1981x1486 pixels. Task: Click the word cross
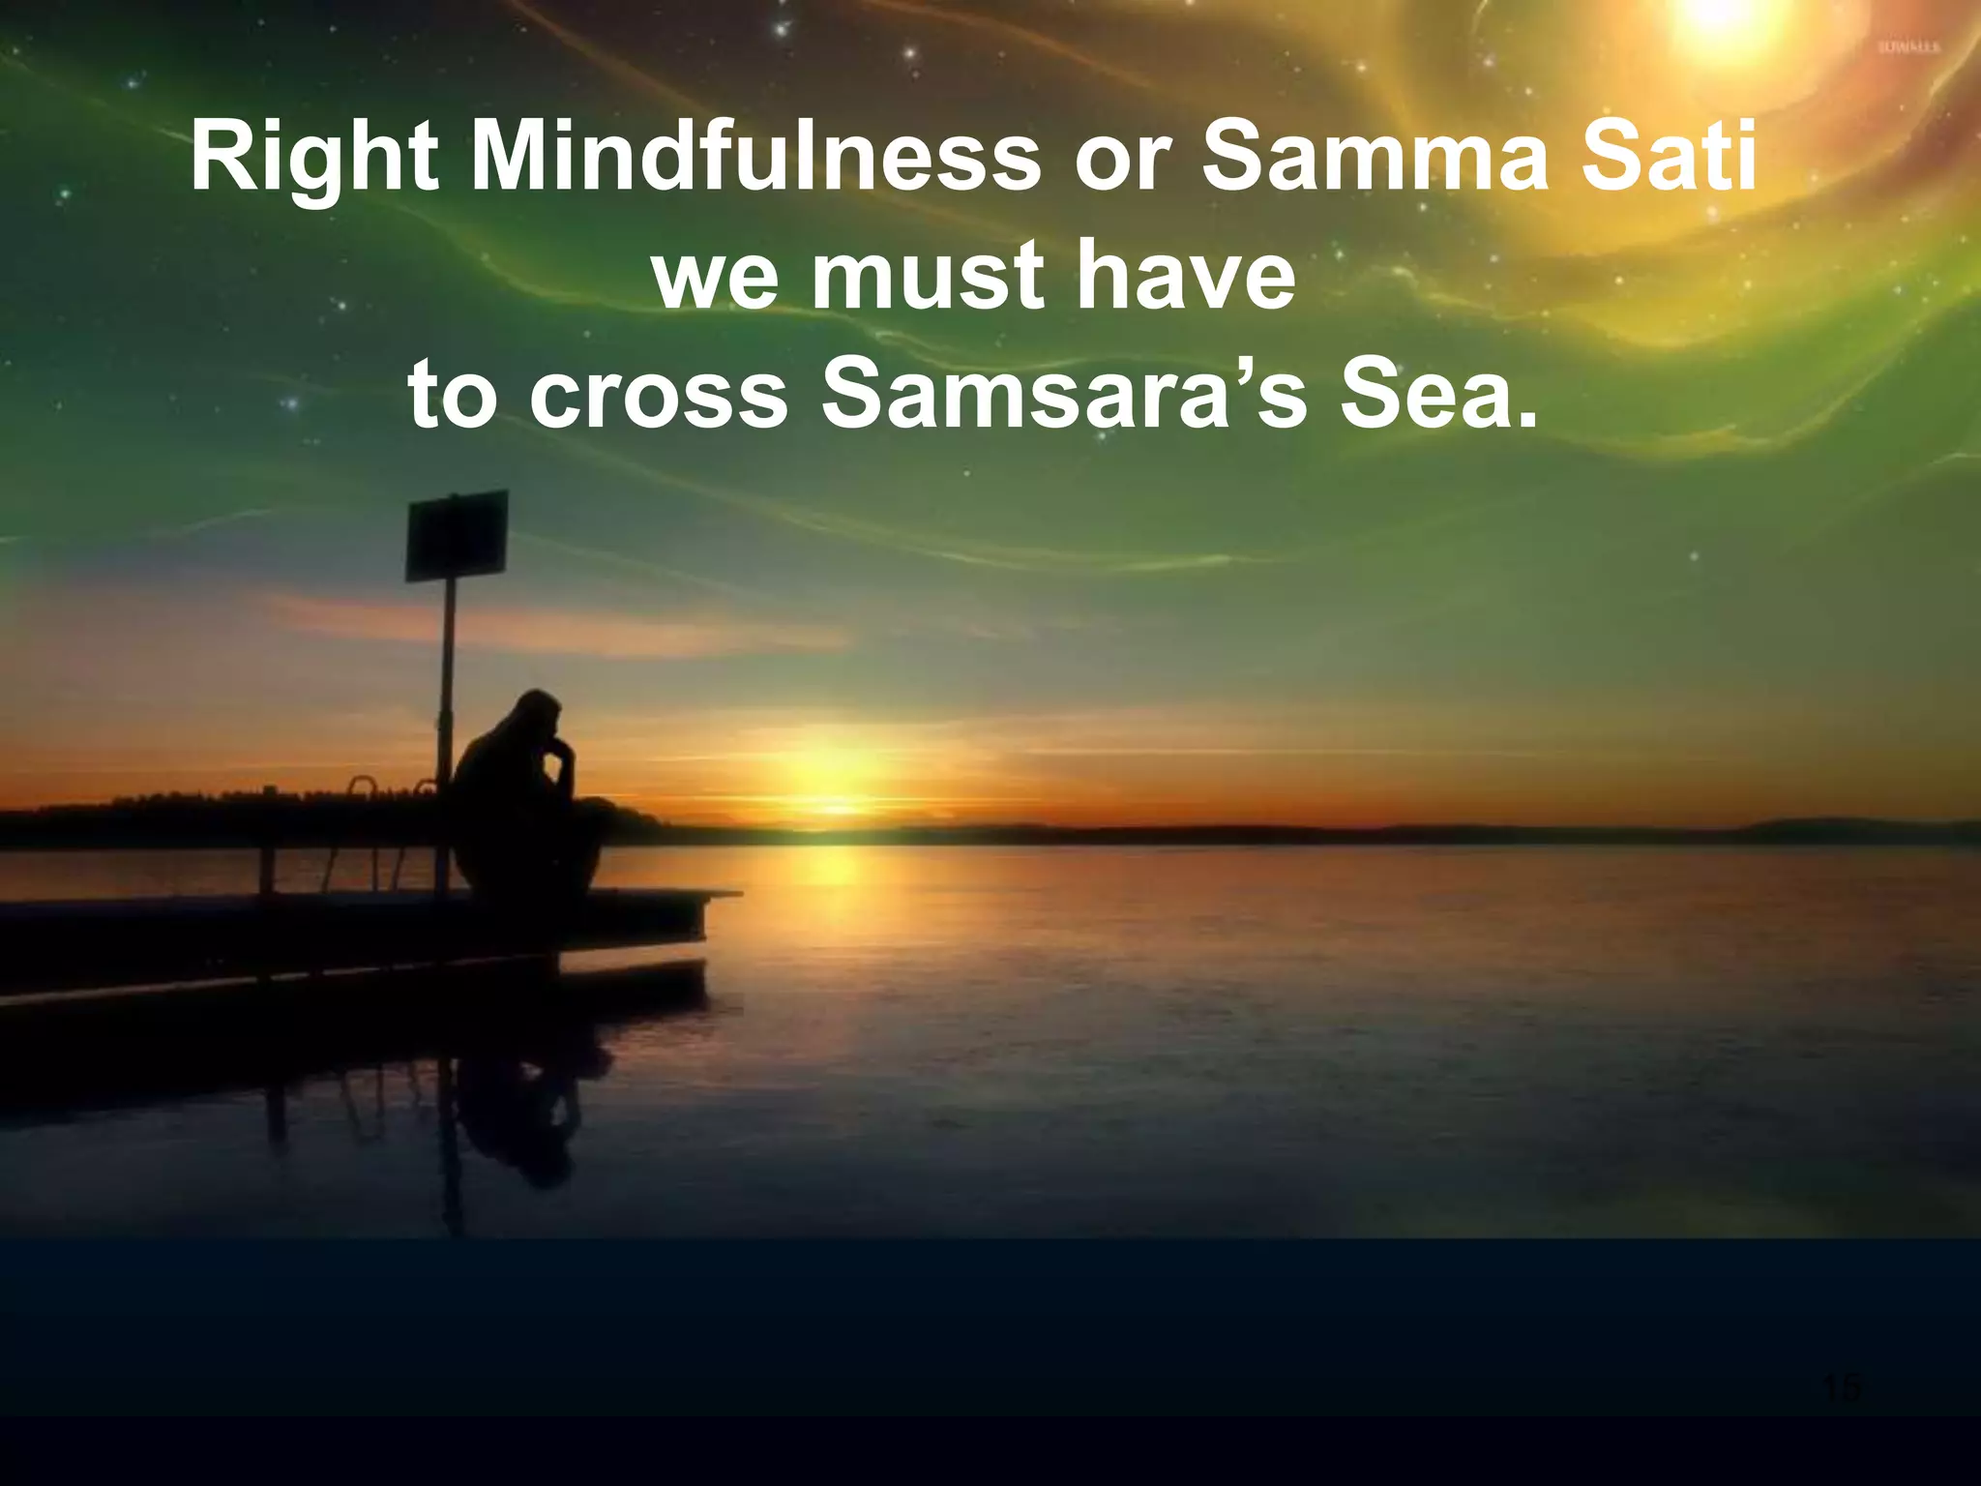[659, 396]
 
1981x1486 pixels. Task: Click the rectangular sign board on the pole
[457, 534]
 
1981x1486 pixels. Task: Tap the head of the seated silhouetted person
[538, 714]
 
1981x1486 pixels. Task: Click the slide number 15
[1841, 1386]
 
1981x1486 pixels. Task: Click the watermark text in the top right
[1907, 46]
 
